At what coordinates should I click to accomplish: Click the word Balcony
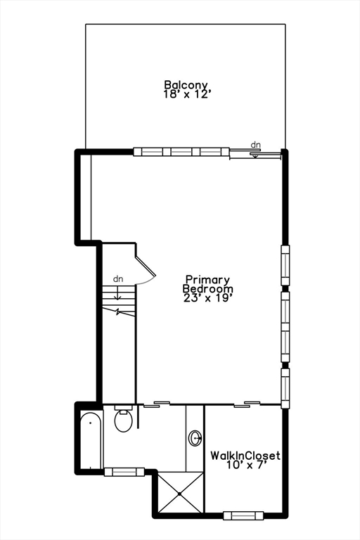(x=186, y=84)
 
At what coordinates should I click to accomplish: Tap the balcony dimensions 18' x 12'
(x=186, y=94)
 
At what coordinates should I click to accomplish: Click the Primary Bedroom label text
(x=207, y=284)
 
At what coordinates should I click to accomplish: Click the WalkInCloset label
(x=245, y=456)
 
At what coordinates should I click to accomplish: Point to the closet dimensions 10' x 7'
(x=247, y=465)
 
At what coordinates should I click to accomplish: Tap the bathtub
(x=91, y=440)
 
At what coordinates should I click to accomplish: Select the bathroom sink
(x=195, y=438)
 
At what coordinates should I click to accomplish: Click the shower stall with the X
(x=180, y=494)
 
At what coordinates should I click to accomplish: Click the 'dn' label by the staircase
(x=118, y=279)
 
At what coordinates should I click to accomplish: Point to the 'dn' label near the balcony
(x=256, y=145)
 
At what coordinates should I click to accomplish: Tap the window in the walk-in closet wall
(x=243, y=515)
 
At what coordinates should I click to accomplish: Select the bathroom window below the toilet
(x=124, y=472)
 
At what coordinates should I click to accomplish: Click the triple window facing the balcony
(x=181, y=152)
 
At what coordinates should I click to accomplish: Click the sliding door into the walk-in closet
(x=247, y=404)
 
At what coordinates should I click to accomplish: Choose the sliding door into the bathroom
(x=157, y=404)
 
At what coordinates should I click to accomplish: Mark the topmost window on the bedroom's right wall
(x=285, y=265)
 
